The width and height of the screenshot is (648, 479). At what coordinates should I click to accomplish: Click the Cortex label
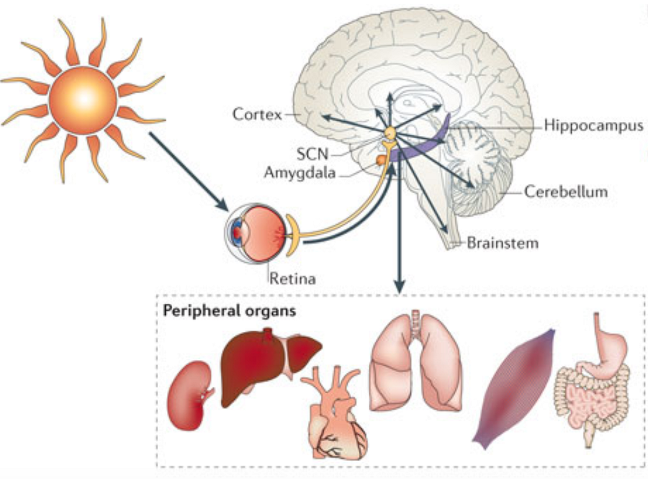[x=258, y=115]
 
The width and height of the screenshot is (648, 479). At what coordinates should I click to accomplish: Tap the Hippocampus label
[x=593, y=126]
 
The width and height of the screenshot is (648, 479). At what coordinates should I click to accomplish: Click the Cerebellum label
[x=565, y=190]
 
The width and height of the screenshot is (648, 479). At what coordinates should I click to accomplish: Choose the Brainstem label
[x=502, y=243]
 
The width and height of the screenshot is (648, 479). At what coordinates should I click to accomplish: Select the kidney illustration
[x=189, y=395]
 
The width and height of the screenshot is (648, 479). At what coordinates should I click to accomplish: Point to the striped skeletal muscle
[x=513, y=386]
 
